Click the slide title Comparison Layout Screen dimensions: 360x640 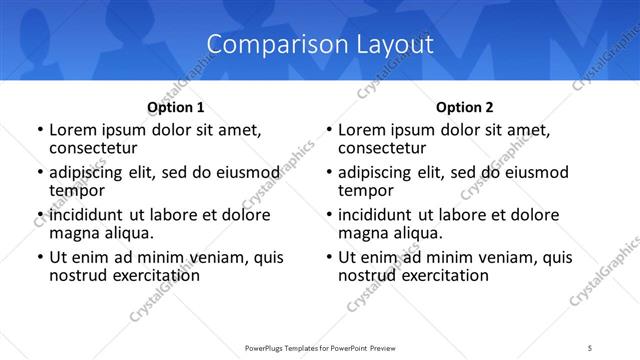pyautogui.click(x=320, y=44)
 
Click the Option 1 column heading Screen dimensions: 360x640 pyautogui.click(x=176, y=106)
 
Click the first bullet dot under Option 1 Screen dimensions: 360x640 pyautogui.click(x=39, y=130)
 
